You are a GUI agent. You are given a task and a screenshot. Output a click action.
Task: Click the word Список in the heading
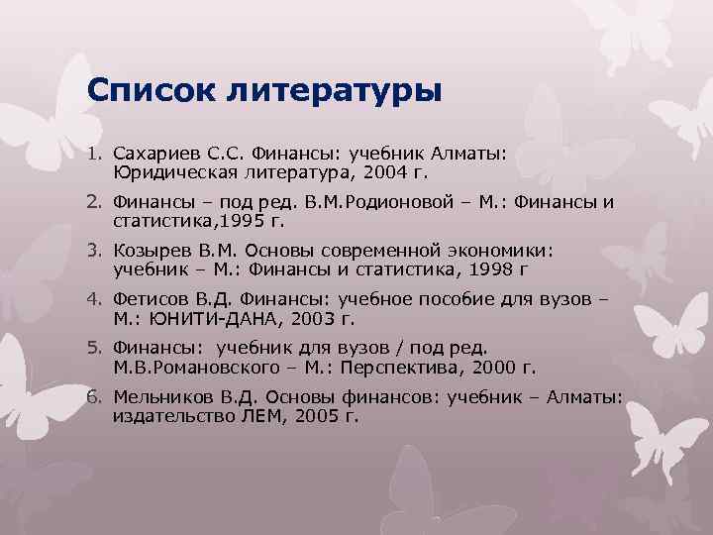(x=150, y=91)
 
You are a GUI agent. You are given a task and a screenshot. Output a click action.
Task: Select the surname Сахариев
(x=158, y=156)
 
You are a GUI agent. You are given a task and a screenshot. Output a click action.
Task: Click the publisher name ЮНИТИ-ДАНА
(x=201, y=318)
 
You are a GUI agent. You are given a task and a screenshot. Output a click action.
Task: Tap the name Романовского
(x=200, y=367)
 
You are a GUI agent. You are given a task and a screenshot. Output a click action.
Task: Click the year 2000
(x=495, y=367)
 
